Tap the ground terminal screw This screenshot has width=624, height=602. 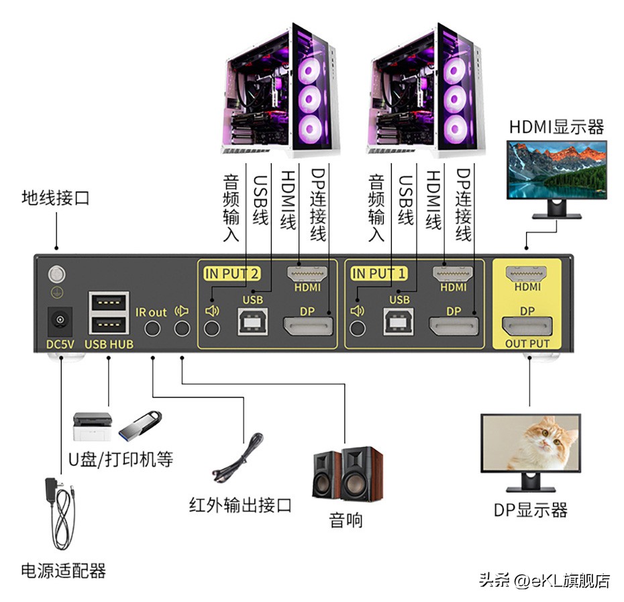[57, 274]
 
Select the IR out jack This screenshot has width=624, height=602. [152, 328]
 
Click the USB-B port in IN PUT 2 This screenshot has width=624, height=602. [253, 321]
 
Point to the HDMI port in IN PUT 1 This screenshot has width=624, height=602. [453, 273]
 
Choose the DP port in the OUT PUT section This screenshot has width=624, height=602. [527, 326]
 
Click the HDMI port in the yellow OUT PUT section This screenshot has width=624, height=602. [526, 274]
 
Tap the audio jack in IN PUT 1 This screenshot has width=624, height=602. [358, 328]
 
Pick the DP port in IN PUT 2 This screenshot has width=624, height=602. [308, 327]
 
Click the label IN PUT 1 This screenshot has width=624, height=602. [379, 274]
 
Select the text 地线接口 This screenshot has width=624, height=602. [55, 197]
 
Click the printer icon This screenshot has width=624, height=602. [93, 426]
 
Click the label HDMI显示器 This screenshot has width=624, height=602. [556, 127]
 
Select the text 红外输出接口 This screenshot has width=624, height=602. [240, 505]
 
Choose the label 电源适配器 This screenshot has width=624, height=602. [64, 570]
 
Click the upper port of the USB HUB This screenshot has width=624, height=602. [109, 302]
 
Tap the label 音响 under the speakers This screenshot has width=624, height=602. [346, 520]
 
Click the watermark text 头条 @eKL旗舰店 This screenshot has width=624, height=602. [544, 580]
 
